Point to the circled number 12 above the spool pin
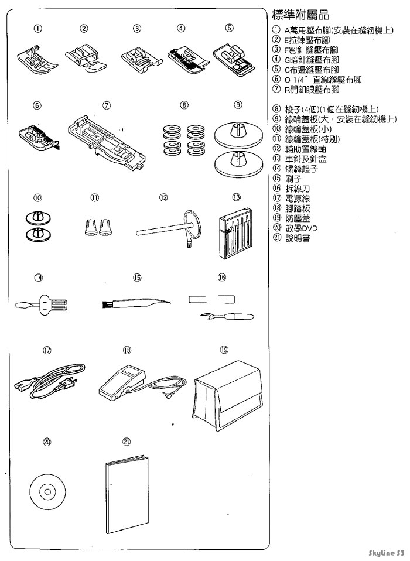(x=163, y=198)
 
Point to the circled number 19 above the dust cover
(x=224, y=350)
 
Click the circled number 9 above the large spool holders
(x=238, y=105)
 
